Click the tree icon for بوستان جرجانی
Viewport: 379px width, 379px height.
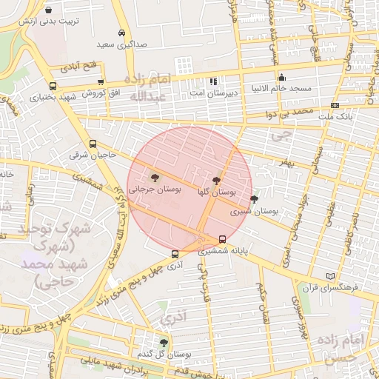point(155,178)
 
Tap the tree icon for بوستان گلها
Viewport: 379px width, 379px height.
point(216,181)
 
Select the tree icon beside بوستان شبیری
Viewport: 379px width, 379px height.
point(255,199)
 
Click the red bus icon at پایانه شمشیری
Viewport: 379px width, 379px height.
point(223,238)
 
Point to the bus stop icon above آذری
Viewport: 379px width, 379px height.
point(175,254)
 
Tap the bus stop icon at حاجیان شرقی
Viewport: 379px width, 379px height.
point(92,144)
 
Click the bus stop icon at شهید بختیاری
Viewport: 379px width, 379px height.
point(53,85)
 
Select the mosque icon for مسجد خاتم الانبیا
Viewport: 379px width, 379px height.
point(281,78)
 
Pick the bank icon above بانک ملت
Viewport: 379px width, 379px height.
point(335,106)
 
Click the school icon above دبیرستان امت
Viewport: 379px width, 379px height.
point(213,81)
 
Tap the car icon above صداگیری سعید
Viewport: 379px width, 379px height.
point(121,33)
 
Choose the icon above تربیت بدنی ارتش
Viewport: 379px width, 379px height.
point(49,10)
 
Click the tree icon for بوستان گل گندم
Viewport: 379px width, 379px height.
point(164,342)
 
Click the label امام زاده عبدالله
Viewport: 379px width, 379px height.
point(150,87)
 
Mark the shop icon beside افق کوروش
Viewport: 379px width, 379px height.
point(100,82)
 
